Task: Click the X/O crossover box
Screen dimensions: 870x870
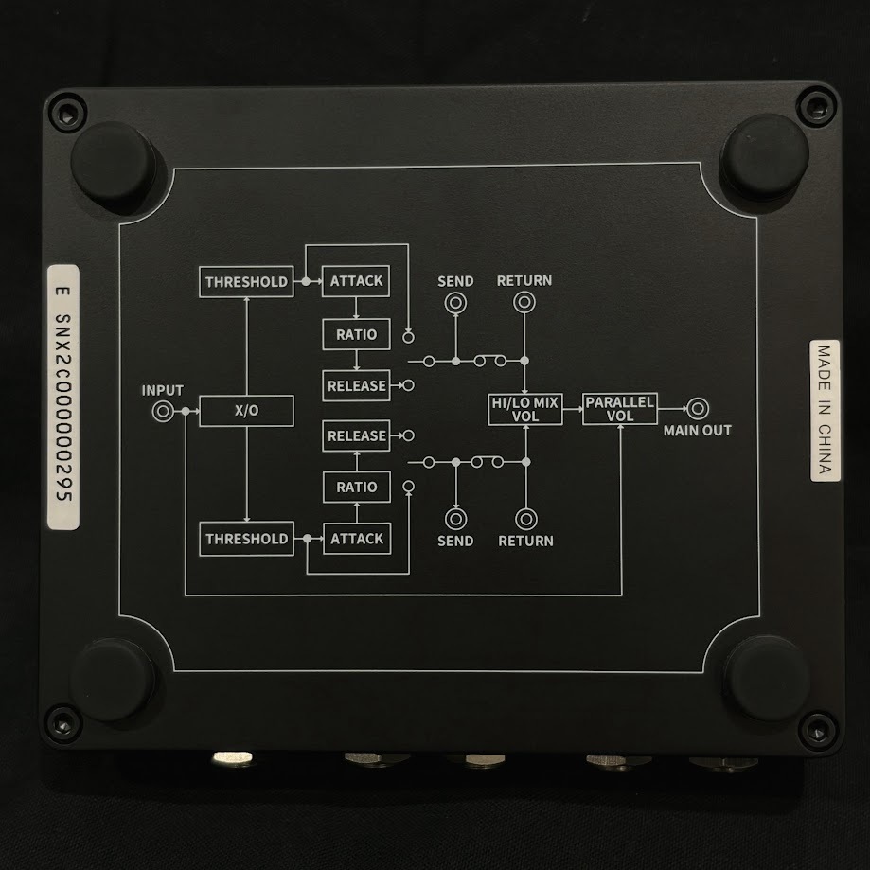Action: click(246, 411)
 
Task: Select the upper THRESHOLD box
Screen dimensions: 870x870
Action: click(245, 281)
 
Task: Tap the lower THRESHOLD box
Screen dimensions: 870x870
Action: click(245, 539)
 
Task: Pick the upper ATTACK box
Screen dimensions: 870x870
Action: click(356, 281)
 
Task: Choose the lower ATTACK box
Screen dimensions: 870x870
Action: click(356, 539)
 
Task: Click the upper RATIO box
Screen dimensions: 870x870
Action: click(356, 334)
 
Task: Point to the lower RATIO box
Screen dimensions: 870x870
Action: click(356, 487)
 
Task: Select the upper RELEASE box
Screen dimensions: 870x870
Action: click(356, 385)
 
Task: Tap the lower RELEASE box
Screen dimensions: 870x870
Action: click(356, 436)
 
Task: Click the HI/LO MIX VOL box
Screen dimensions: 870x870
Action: click(524, 410)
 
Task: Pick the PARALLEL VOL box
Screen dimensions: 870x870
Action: click(619, 410)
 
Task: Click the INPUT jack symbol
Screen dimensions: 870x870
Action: click(163, 411)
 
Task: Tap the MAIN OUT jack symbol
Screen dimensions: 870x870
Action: click(697, 409)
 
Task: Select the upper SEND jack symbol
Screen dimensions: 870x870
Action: click(455, 303)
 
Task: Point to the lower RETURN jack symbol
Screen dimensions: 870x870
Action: click(524, 518)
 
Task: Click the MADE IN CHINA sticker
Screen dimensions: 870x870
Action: click(824, 411)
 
